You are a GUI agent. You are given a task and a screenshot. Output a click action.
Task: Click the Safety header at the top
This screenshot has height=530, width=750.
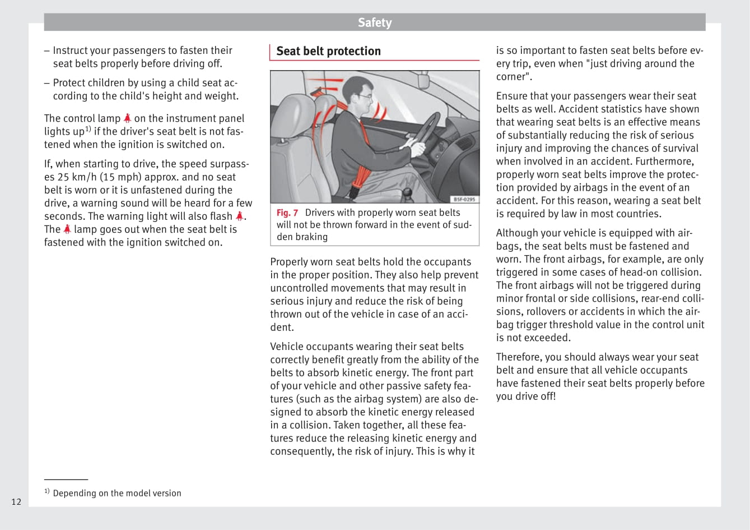(375, 22)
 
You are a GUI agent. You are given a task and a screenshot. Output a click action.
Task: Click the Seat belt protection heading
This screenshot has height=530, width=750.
(328, 51)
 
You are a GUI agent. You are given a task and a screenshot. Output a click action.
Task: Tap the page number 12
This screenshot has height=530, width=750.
(16, 501)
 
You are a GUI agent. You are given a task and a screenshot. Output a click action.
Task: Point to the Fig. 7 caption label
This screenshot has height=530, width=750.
(287, 213)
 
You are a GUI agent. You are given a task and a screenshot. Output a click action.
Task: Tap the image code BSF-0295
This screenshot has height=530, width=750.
(464, 200)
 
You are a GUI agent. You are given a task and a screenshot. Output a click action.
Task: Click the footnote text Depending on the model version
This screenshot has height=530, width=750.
(117, 493)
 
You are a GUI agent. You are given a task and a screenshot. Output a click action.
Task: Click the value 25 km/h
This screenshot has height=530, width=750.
(78, 177)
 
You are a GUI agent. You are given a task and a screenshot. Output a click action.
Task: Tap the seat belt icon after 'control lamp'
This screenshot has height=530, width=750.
(128, 118)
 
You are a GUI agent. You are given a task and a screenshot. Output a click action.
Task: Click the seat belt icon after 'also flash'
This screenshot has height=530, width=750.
(240, 216)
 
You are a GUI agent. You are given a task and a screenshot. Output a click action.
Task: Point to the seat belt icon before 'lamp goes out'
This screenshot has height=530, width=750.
(67, 229)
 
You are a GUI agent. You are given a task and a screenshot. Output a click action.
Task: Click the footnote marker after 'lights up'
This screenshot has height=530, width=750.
(88, 129)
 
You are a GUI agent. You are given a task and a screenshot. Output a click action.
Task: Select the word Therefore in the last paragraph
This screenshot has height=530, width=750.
(519, 357)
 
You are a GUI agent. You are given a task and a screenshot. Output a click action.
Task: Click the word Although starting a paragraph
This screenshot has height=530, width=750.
(518, 233)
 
